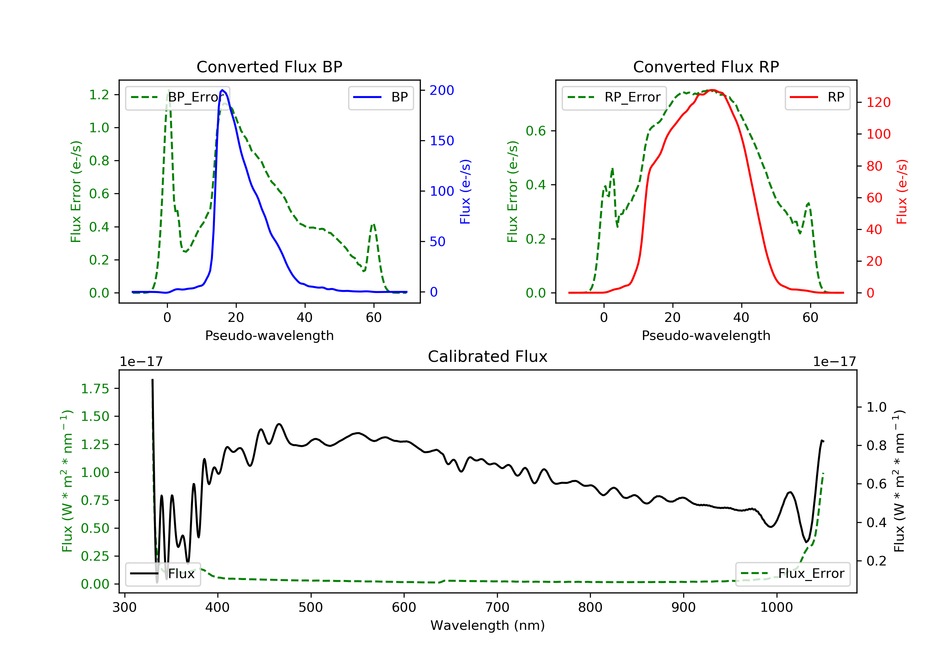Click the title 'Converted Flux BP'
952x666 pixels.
click(x=269, y=67)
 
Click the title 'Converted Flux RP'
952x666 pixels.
click(x=706, y=67)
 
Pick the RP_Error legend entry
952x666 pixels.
click(x=614, y=97)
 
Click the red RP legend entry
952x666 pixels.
click(x=817, y=97)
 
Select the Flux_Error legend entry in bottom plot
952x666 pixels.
click(x=792, y=574)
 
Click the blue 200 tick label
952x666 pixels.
click(x=442, y=90)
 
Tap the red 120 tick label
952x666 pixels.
click(x=878, y=102)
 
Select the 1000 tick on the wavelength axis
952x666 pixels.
click(x=776, y=608)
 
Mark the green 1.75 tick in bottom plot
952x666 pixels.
click(x=95, y=389)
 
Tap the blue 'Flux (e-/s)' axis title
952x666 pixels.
click(x=465, y=192)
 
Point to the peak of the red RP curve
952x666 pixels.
click(x=712, y=90)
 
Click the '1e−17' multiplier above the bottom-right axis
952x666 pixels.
click(x=834, y=362)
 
